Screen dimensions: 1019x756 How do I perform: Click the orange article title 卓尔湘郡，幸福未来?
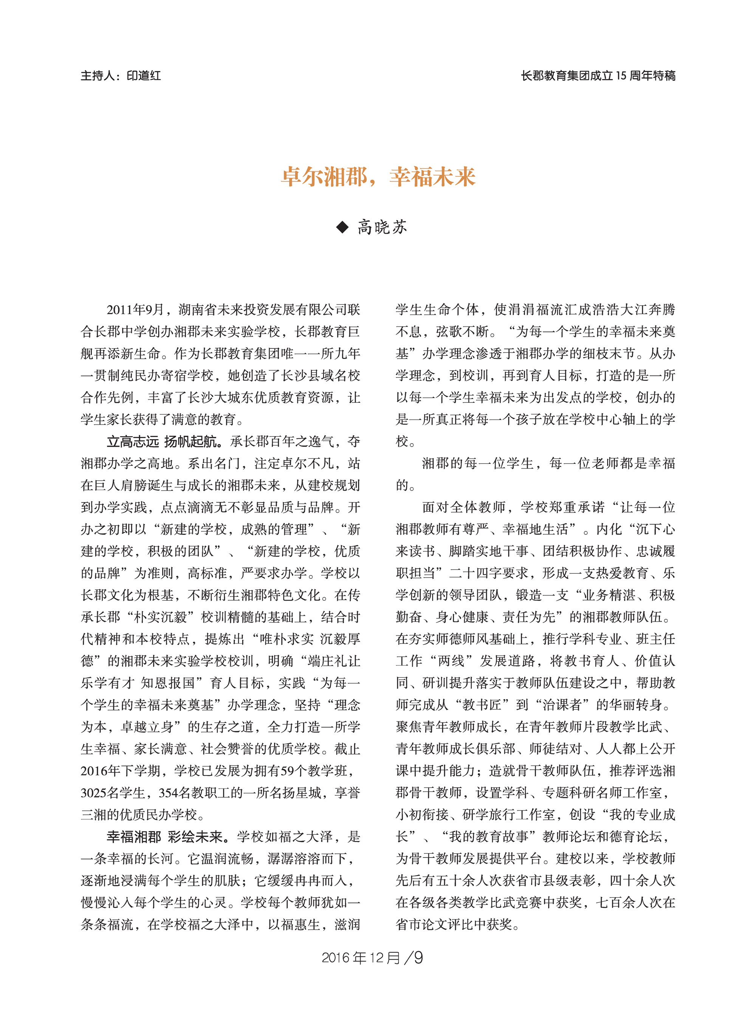(x=378, y=177)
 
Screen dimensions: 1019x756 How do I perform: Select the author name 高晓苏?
(x=382, y=227)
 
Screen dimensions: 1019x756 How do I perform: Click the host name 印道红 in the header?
(x=144, y=76)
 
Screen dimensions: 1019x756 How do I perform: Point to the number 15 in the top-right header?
(x=621, y=76)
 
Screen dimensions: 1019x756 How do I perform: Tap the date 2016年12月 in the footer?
(x=361, y=958)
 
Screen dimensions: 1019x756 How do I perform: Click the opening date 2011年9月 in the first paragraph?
(x=135, y=310)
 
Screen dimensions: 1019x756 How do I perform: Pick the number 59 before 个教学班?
(x=287, y=771)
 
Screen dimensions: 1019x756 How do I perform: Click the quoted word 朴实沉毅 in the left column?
(x=160, y=617)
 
